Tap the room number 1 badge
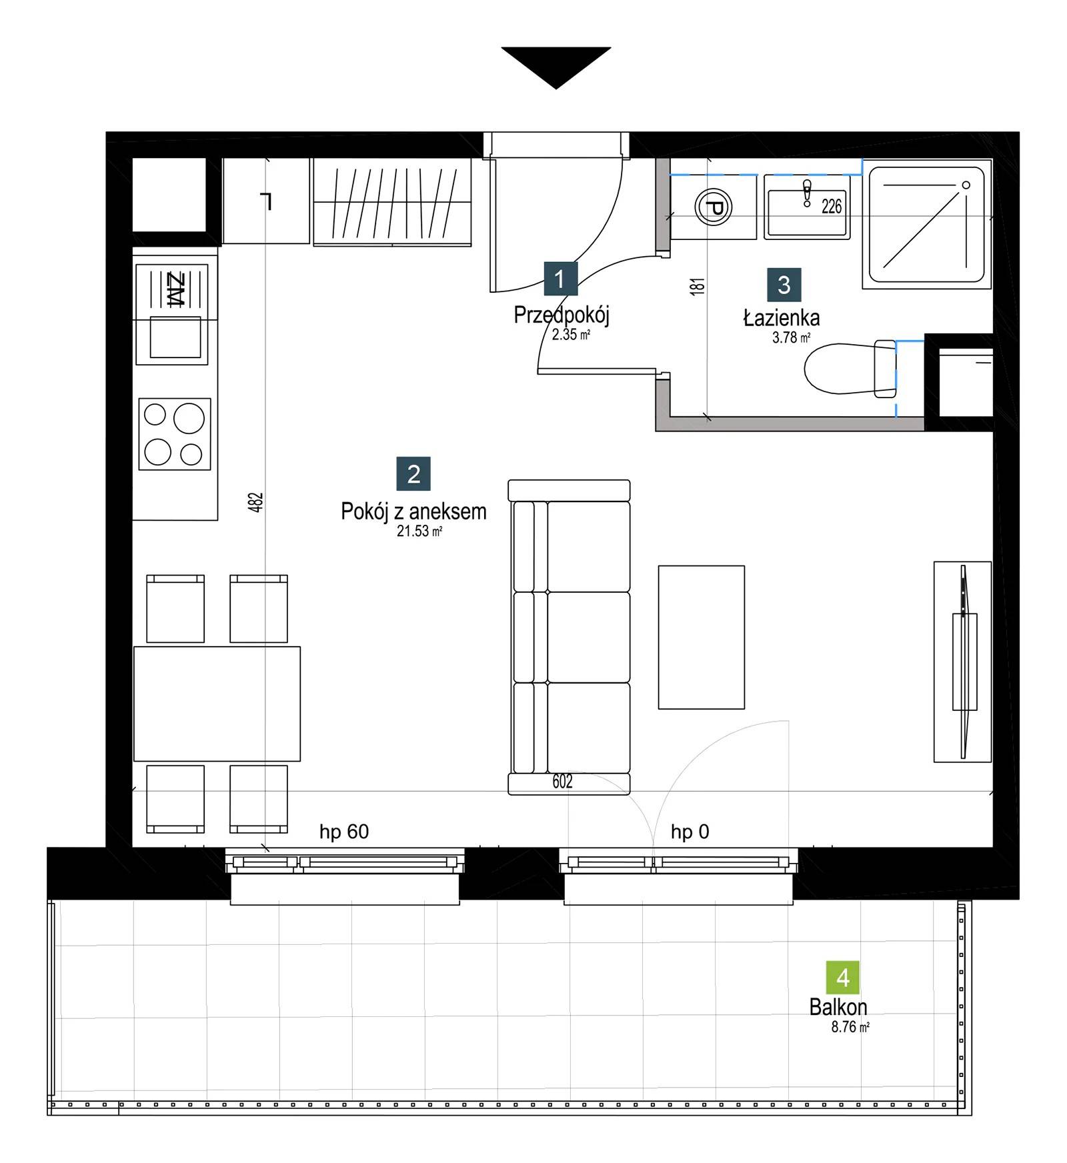click(x=560, y=278)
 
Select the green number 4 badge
click(x=842, y=977)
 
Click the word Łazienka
click(x=782, y=318)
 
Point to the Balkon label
click(x=838, y=1007)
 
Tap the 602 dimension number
click(x=562, y=781)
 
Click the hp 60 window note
click(x=344, y=832)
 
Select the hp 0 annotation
click(x=690, y=832)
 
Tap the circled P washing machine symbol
click(x=714, y=207)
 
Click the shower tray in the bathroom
click(x=927, y=225)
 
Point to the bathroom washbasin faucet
click(x=807, y=193)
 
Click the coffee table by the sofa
click(x=702, y=637)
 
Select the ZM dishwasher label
click(x=175, y=289)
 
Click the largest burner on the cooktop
click(x=189, y=419)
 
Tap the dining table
click(x=217, y=704)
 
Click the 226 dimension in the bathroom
click(x=832, y=207)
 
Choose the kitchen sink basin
click(x=175, y=337)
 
